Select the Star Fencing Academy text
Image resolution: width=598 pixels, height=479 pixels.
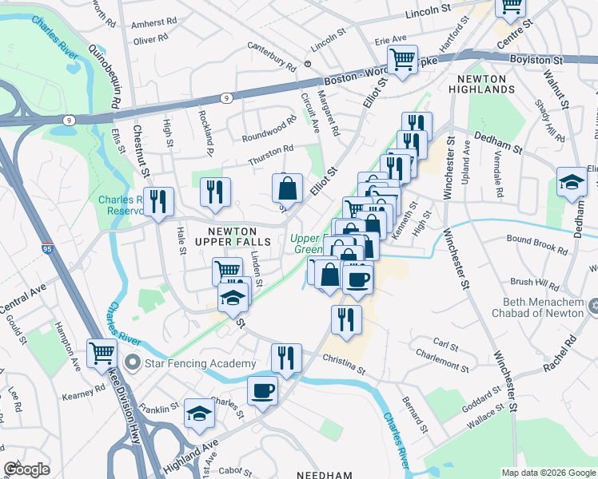[200, 363]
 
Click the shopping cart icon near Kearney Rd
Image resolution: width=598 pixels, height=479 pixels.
[102, 351]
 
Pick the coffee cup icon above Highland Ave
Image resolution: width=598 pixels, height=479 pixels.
[262, 390]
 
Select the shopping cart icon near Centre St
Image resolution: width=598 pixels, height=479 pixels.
[510, 7]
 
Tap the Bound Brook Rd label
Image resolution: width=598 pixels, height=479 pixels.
[536, 243]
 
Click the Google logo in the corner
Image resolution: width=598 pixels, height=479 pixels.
[26, 469]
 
